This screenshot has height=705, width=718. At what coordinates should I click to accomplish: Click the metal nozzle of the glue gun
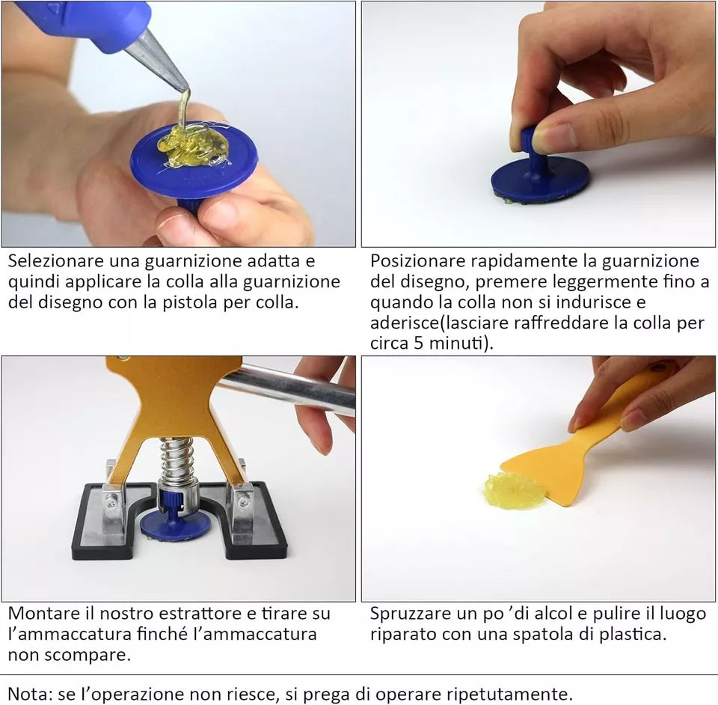158,58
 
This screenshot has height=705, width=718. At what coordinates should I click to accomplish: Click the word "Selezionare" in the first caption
56,260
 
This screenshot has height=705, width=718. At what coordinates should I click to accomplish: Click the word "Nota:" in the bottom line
30,694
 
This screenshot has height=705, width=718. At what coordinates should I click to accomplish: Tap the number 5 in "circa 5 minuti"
419,343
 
